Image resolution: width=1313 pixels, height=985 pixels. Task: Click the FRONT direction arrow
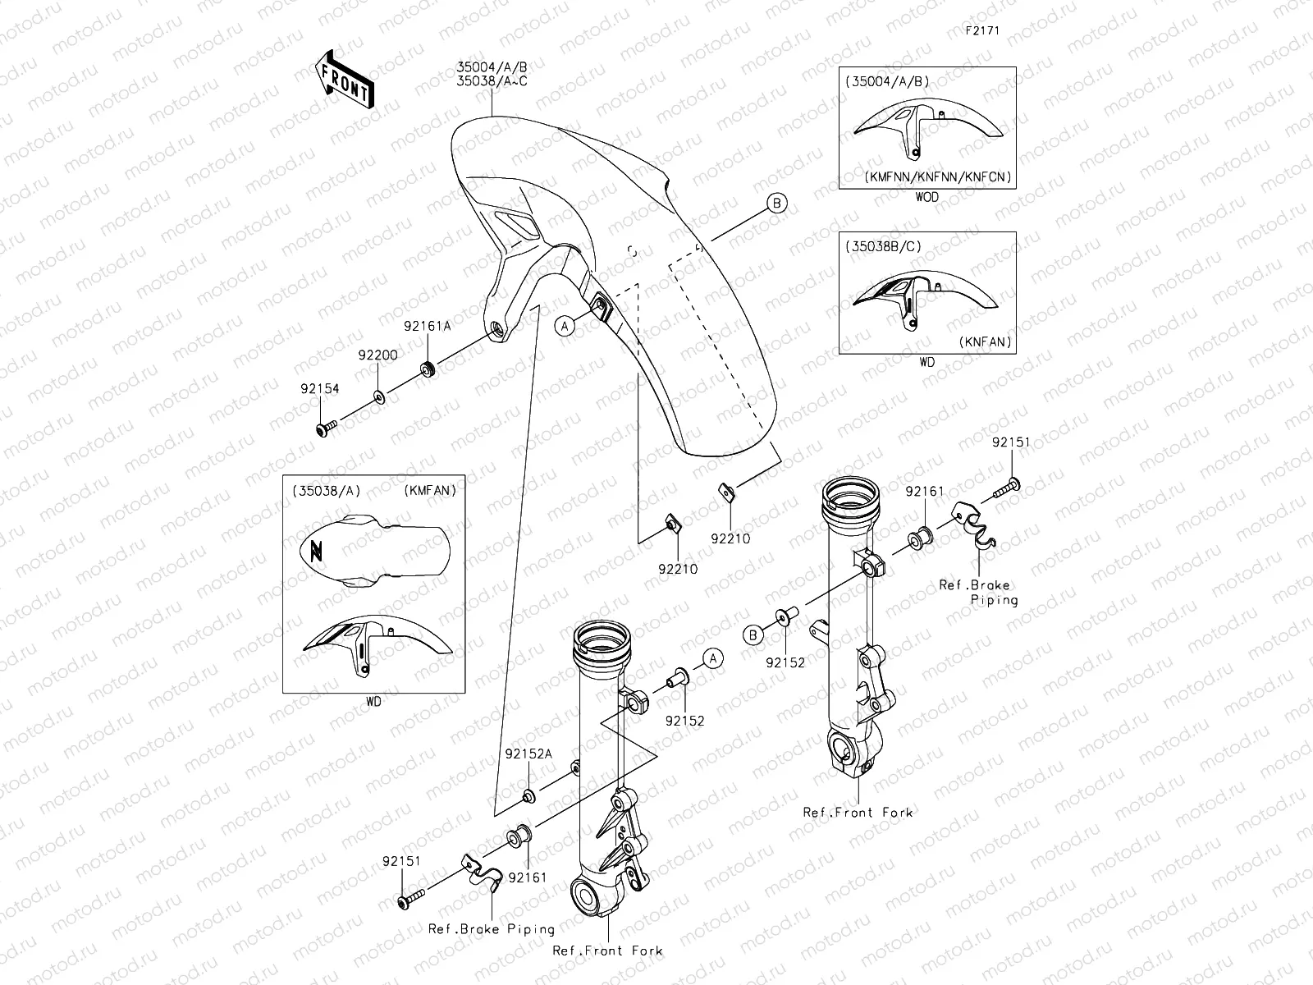(x=344, y=78)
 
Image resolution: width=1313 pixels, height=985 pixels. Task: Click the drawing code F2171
(x=981, y=31)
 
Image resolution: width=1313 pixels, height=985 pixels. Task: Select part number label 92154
(x=319, y=388)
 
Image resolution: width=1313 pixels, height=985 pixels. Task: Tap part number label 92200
(x=377, y=355)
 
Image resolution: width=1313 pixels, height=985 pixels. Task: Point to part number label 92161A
(x=428, y=326)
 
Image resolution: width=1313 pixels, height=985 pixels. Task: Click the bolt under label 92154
(x=326, y=428)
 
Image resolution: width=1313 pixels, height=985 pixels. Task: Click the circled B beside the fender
(x=776, y=203)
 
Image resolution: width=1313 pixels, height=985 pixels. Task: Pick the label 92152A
(x=528, y=754)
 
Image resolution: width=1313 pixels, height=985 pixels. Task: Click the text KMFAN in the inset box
(x=430, y=490)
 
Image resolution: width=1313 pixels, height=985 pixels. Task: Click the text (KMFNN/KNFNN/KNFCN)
(x=938, y=176)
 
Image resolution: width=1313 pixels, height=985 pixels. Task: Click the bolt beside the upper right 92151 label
(x=1006, y=489)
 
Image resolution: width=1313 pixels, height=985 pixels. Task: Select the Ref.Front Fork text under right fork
(x=858, y=812)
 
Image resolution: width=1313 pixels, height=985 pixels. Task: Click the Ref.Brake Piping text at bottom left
(x=491, y=929)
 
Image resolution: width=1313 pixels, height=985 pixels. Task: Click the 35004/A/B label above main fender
(x=492, y=66)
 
